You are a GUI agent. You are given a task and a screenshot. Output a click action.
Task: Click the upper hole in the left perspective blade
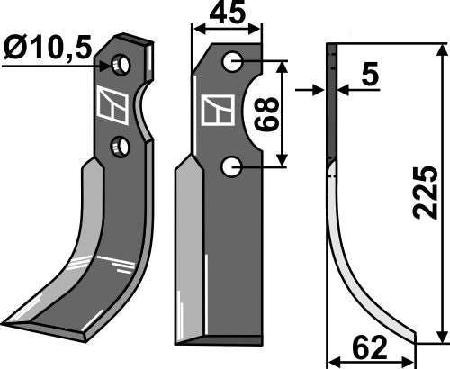tap(120, 65)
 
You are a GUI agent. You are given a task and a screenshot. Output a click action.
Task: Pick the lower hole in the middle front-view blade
tap(232, 165)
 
